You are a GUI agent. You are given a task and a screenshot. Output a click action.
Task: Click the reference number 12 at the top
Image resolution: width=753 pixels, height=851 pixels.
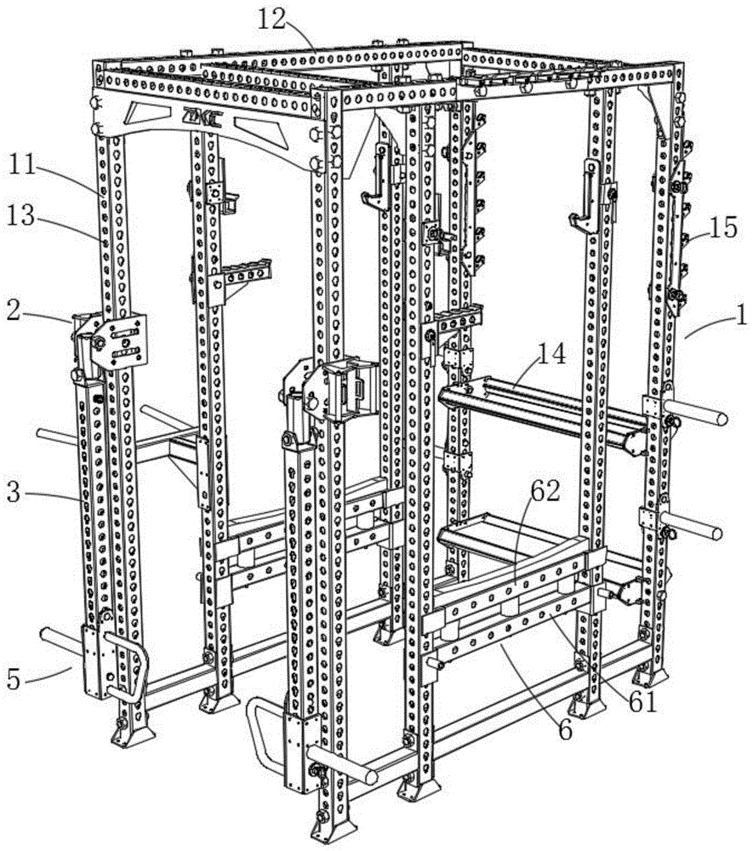[x=271, y=20]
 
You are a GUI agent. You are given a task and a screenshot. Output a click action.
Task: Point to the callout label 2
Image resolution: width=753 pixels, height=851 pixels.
[x=14, y=311]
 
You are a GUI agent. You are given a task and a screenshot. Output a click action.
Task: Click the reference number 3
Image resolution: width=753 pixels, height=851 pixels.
[x=14, y=494]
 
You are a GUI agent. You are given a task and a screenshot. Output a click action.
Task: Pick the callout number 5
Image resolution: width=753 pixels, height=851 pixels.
[x=14, y=679]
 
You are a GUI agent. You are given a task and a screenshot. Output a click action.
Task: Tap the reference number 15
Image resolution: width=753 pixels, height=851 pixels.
[x=723, y=227]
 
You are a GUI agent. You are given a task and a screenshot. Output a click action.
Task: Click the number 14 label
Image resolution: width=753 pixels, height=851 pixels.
[x=551, y=353]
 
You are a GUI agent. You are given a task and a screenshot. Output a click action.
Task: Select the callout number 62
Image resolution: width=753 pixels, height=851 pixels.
[x=545, y=491]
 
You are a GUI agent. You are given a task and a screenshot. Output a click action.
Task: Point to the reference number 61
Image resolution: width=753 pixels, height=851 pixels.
[x=643, y=702]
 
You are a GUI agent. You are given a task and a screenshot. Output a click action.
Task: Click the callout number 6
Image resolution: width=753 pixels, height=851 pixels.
[x=565, y=730]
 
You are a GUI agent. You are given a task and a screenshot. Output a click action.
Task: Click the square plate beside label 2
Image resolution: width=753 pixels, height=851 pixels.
[x=119, y=340]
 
